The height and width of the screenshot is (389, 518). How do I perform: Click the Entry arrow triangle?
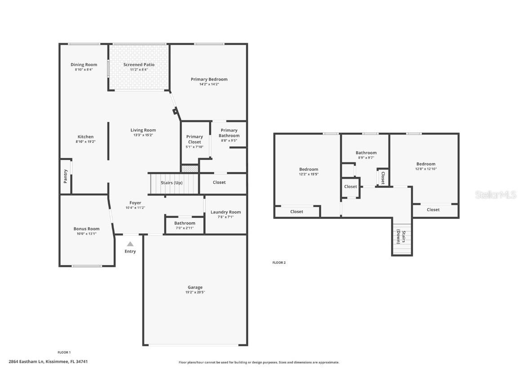(130, 244)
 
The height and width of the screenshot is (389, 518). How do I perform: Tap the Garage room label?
(195, 287)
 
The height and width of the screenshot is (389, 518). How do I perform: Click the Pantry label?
(66, 176)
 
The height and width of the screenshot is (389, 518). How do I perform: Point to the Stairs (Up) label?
(172, 183)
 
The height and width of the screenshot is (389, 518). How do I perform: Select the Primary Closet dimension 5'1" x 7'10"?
(195, 147)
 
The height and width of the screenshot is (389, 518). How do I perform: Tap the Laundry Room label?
(226, 212)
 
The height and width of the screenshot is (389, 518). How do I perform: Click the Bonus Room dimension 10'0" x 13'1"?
(86, 234)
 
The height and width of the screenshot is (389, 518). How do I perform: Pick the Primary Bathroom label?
(229, 133)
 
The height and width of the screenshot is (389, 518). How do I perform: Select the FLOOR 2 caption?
(279, 262)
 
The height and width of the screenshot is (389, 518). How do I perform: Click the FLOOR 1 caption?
(64, 352)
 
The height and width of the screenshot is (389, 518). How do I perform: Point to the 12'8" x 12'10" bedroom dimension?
(425, 169)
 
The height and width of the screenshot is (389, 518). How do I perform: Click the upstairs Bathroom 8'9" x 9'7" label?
(366, 153)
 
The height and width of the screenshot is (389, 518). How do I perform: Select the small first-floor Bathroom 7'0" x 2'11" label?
(185, 223)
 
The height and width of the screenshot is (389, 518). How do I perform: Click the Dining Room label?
(84, 65)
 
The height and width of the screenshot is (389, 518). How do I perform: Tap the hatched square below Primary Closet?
(190, 168)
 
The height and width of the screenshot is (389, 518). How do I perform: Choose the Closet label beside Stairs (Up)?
(219, 182)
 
